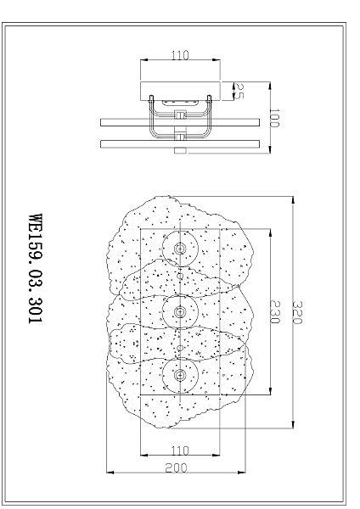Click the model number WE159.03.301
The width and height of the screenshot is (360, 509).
click(x=36, y=268)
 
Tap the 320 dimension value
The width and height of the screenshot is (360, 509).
click(x=298, y=312)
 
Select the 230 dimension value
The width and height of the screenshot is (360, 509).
click(x=274, y=311)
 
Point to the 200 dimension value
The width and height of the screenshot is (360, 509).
click(x=176, y=467)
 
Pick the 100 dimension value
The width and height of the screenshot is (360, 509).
click(x=275, y=118)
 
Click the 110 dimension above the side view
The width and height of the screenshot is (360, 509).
click(x=180, y=55)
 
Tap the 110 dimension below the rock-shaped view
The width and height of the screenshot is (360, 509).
click(x=180, y=450)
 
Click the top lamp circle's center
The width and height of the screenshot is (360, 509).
click(x=180, y=249)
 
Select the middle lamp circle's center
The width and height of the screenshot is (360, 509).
click(x=180, y=311)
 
